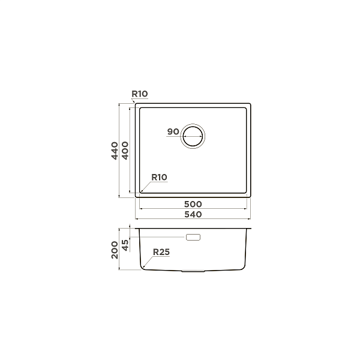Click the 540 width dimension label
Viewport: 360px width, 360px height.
(193, 214)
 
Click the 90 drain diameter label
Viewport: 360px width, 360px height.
(173, 131)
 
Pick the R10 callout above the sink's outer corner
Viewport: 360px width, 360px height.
(139, 94)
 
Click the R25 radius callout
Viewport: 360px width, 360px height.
(161, 253)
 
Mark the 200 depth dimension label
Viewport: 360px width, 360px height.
(113, 249)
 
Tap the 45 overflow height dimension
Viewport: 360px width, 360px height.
(125, 244)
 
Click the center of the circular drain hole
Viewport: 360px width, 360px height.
(193, 136)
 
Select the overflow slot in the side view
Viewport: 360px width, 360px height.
(193, 238)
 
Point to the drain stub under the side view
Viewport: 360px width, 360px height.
(193, 271)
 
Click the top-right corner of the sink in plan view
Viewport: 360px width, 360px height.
(250, 104)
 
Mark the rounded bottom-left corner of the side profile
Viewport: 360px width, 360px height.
(143, 266)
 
